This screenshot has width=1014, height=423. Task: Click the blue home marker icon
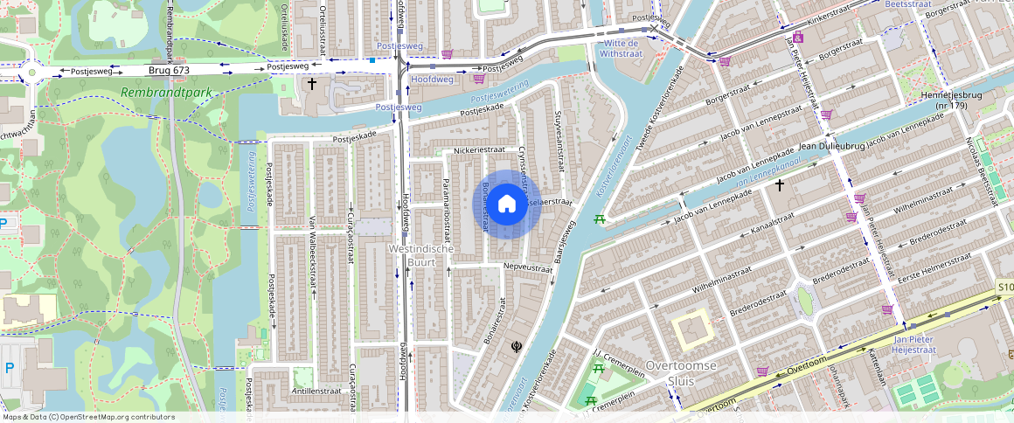pos(507,204)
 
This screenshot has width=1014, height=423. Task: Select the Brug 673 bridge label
pos(169,70)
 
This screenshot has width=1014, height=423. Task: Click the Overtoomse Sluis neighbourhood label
pos(681,371)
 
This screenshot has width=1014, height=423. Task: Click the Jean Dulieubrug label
pos(830,146)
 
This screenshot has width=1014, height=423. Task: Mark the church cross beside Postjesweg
pos(312,84)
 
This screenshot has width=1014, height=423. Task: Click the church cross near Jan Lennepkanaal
pos(779,185)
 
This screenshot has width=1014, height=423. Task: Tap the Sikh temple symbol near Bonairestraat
pos(517,346)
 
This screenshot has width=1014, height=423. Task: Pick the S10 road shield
pos(1004,287)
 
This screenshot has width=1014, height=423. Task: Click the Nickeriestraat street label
pos(479,150)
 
